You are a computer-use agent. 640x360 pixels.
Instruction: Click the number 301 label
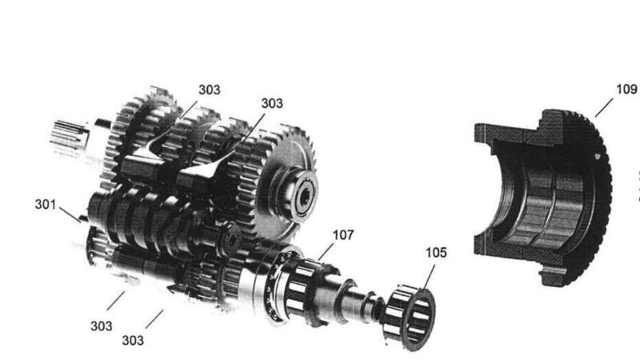[46, 205]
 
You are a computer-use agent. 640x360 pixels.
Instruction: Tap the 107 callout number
[343, 235]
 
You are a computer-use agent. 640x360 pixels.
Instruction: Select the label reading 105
[436, 253]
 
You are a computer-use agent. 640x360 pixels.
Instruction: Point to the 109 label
[626, 89]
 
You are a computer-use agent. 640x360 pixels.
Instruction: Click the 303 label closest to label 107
[272, 103]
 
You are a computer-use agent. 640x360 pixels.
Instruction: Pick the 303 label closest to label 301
[102, 326]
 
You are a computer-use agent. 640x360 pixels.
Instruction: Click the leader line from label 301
[70, 214]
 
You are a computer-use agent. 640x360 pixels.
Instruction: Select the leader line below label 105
[429, 278]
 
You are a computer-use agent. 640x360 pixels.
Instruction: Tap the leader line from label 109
[604, 107]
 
